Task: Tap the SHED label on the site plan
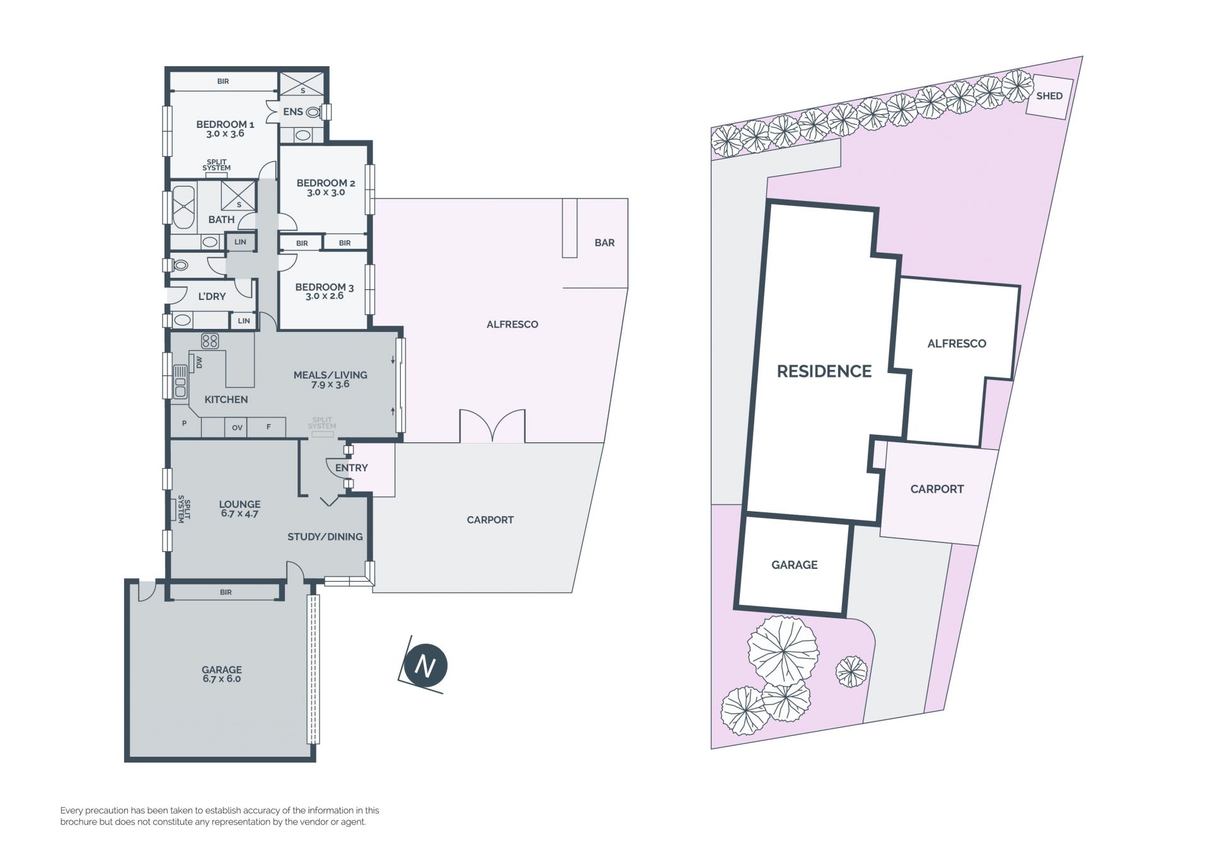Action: (x=1049, y=96)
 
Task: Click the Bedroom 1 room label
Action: (x=225, y=124)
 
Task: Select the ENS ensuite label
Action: (x=293, y=112)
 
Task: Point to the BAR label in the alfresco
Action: (x=604, y=243)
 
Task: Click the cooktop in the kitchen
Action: (x=210, y=341)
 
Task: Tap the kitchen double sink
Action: (x=181, y=381)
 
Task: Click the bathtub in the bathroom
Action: (x=184, y=207)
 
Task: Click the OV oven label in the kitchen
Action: (x=237, y=428)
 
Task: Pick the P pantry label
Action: (x=184, y=423)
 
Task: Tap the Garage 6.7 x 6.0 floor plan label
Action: (x=222, y=674)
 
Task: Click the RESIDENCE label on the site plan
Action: (x=824, y=371)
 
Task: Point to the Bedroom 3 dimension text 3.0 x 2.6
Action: (x=325, y=296)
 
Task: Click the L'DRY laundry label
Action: (x=212, y=296)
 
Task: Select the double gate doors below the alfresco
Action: (x=492, y=426)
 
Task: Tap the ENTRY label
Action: (x=352, y=468)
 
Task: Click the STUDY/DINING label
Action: (x=325, y=537)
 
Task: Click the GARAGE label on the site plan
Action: (x=795, y=565)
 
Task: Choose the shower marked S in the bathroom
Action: (x=239, y=196)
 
